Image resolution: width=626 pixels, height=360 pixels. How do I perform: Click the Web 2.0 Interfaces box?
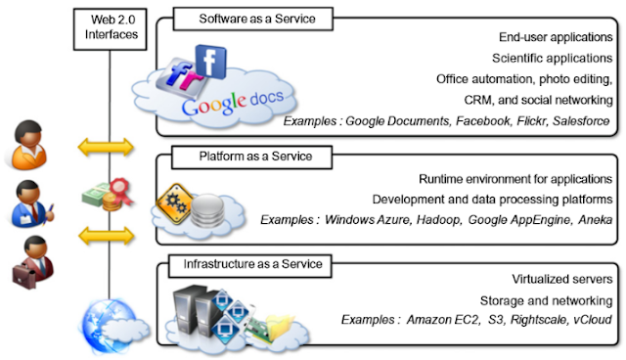[x=111, y=29]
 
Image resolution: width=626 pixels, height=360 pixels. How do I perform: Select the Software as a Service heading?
[x=252, y=19]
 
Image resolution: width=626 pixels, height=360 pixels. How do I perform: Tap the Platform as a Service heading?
[x=251, y=157]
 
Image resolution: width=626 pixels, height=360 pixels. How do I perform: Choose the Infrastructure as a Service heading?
[x=250, y=265]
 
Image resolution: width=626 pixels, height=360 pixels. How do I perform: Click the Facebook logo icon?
[x=211, y=61]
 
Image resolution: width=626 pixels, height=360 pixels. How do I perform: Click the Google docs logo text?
[x=233, y=103]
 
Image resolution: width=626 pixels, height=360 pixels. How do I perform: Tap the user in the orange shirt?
[x=28, y=146]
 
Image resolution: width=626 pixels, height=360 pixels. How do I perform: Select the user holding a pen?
[x=32, y=203]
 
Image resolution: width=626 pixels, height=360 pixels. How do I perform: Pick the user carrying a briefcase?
[x=32, y=262]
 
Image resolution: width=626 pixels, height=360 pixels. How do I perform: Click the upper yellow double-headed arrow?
[x=106, y=147]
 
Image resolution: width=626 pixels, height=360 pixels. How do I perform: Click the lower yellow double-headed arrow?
[x=106, y=236]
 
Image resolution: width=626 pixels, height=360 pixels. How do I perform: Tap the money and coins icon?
[x=107, y=195]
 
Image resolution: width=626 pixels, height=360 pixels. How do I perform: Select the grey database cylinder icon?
[x=207, y=210]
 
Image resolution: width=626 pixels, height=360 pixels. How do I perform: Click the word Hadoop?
[x=438, y=220]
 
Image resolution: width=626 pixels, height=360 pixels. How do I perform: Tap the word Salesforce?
[x=581, y=121]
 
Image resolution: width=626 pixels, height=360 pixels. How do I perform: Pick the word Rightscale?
[x=538, y=320]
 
